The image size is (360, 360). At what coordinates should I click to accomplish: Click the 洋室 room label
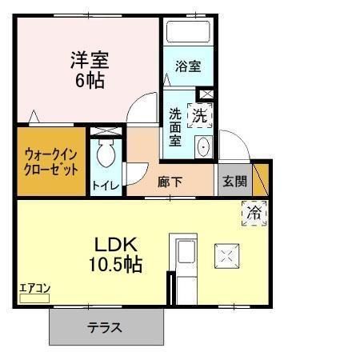89,59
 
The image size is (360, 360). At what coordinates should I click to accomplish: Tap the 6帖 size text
89,80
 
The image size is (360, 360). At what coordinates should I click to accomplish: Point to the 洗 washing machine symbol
199,114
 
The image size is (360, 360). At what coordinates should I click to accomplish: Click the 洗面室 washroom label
175,126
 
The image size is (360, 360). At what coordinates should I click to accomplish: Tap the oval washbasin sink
202,146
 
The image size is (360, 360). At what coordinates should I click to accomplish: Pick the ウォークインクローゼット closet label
50,162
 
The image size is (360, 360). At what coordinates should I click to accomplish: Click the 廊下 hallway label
170,182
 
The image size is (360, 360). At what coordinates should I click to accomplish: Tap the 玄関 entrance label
234,181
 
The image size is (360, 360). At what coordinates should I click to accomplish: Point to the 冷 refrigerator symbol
254,213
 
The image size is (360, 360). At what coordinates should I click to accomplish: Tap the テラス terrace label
105,327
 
